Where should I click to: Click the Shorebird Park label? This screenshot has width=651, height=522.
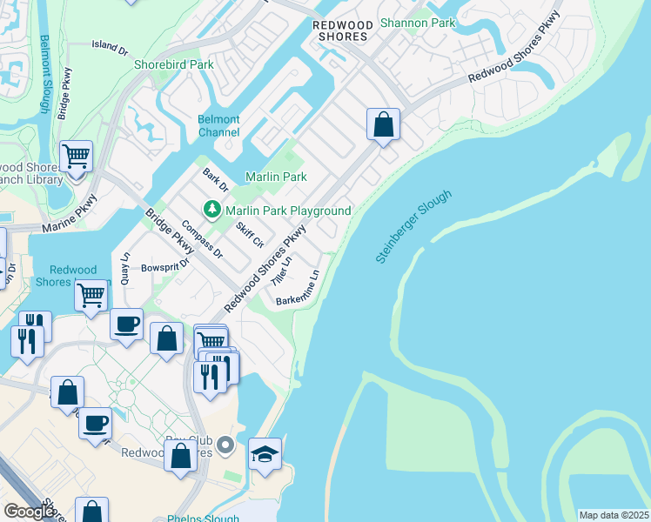click(173, 64)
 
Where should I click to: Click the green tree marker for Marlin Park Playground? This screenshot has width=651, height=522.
click(211, 210)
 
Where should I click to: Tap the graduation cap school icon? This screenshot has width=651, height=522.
click(265, 453)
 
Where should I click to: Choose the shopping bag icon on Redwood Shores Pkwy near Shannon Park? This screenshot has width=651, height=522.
click(383, 125)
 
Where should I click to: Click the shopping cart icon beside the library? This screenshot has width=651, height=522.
click(77, 157)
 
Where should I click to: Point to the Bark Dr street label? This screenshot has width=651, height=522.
click(214, 179)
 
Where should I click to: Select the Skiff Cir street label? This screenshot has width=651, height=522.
click(249, 233)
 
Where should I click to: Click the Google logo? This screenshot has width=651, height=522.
click(29, 512)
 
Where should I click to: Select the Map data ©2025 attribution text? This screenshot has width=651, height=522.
click(613, 515)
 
